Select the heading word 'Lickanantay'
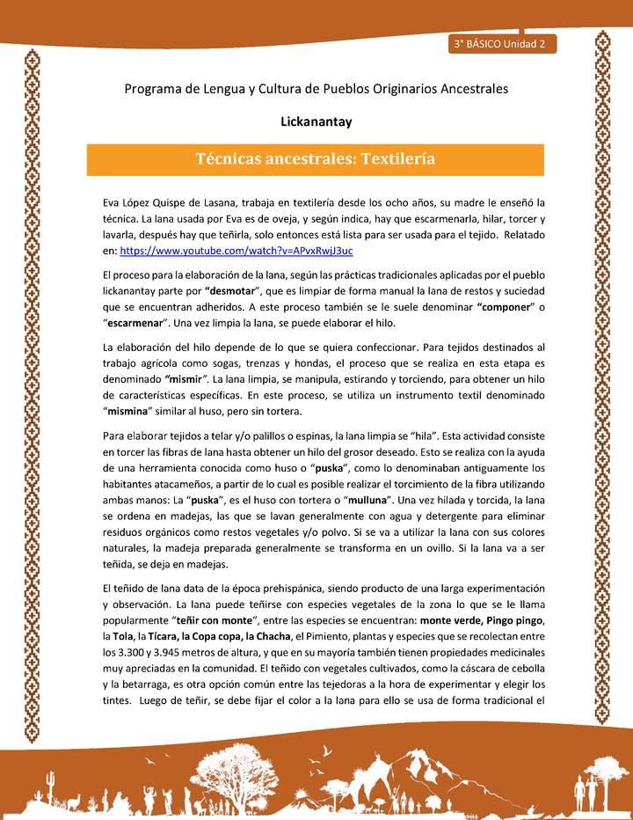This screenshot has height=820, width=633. click(316, 121)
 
